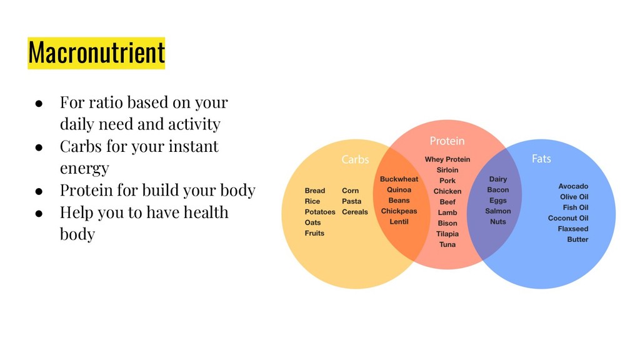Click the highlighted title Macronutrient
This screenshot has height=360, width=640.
pyautogui.click(x=96, y=52)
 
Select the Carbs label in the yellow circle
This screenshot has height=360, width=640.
pyautogui.click(x=355, y=159)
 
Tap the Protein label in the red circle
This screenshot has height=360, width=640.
pyautogui.click(x=447, y=141)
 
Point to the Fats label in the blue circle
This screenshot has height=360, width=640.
pyautogui.click(x=541, y=159)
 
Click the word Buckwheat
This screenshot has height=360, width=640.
pyautogui.click(x=399, y=179)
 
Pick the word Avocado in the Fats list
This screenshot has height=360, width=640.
pyautogui.click(x=573, y=186)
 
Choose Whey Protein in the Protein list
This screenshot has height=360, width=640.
pyautogui.click(x=447, y=159)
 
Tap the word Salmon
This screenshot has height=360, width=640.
pyautogui.click(x=498, y=211)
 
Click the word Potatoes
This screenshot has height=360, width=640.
pyautogui.click(x=320, y=212)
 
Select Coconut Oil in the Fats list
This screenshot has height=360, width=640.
pyautogui.click(x=568, y=218)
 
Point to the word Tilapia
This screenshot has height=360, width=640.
pyautogui.click(x=447, y=234)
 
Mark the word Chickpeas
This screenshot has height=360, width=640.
pyautogui.click(x=399, y=211)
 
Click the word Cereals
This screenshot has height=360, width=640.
pyautogui.click(x=355, y=212)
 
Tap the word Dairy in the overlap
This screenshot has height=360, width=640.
pyautogui.click(x=498, y=179)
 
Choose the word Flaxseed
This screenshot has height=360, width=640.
pyautogui.click(x=573, y=229)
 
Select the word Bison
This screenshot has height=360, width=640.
pyautogui.click(x=447, y=223)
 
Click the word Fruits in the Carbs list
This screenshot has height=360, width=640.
pyautogui.click(x=314, y=233)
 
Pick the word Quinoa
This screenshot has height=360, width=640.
pyautogui.click(x=399, y=190)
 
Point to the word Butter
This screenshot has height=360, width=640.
pyautogui.click(x=577, y=239)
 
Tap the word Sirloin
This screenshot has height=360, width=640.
pyautogui.click(x=447, y=170)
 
